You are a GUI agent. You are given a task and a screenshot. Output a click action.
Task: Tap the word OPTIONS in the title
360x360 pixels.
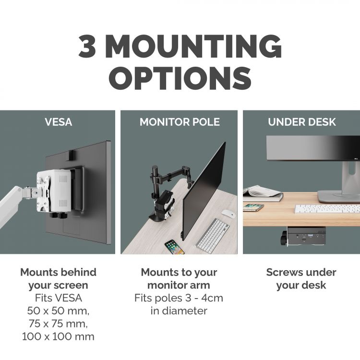point(180,77)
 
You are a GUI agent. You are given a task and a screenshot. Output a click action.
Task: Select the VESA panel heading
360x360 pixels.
point(58,122)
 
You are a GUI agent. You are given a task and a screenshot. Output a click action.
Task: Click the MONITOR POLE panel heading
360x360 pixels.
point(180,122)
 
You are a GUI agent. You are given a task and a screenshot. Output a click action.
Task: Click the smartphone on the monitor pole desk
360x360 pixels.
point(174,247)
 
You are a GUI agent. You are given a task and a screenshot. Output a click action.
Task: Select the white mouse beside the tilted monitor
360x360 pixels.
point(228,214)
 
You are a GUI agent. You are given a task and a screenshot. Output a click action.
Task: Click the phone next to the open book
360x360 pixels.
point(253,207)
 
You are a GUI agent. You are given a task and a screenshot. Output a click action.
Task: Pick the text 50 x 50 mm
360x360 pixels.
point(58,311)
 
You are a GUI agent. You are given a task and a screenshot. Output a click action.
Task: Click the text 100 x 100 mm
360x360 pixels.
point(58,336)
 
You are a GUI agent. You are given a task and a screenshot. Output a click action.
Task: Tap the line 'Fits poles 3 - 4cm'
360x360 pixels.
point(179,298)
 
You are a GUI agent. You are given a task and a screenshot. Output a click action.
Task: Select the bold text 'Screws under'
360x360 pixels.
point(301,272)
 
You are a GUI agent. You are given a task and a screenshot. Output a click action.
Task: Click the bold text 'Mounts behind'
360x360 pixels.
point(58,272)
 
